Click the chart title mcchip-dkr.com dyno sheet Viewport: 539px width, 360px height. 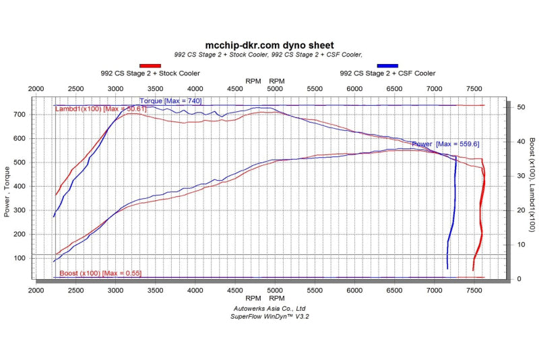(269, 45)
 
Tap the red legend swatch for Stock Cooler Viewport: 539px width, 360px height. (150, 65)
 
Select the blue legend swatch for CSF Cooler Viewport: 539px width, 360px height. (387, 65)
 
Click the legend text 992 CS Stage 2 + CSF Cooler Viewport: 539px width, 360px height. (387, 73)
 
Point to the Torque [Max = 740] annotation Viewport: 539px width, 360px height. (170, 101)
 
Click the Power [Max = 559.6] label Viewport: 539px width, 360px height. (436, 144)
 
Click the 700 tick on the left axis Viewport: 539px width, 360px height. (20, 115)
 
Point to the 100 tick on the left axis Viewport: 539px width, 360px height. (20, 258)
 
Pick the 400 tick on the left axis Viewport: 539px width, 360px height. (20, 187)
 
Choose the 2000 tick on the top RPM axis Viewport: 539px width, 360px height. (36, 89)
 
